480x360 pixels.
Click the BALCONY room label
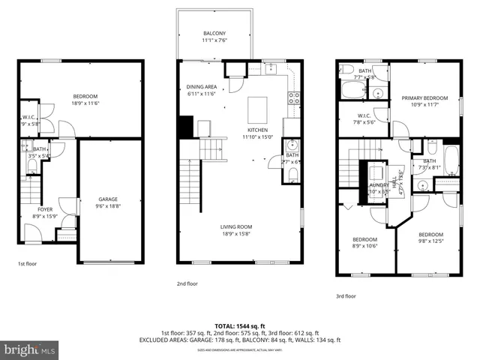coord(214,34)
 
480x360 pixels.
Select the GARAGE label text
coord(108,199)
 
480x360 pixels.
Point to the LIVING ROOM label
coord(235,226)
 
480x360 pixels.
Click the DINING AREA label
coord(202,87)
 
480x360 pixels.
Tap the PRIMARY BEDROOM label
coord(424,98)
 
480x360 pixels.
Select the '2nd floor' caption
coord(187,283)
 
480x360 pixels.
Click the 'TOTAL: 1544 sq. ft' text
coord(239,326)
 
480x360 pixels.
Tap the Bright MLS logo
coord(29,349)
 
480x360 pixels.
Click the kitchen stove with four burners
coord(295,96)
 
